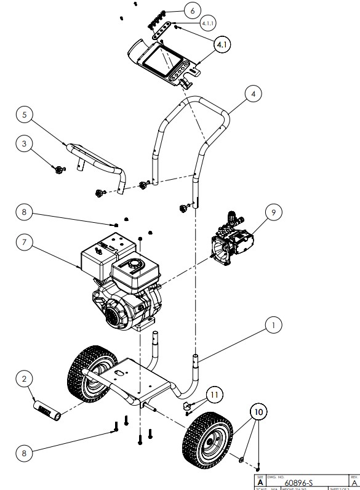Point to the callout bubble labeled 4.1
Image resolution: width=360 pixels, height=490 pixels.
click(x=223, y=45)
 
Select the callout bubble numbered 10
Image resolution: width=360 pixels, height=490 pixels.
click(x=258, y=411)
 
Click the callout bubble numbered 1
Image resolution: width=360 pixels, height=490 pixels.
click(x=273, y=323)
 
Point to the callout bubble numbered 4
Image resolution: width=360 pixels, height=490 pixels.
click(x=252, y=94)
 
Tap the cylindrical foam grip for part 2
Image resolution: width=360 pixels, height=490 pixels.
click(x=46, y=409)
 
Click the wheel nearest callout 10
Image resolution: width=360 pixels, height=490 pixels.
click(x=206, y=439)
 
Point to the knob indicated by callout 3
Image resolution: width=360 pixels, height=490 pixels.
click(x=59, y=169)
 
